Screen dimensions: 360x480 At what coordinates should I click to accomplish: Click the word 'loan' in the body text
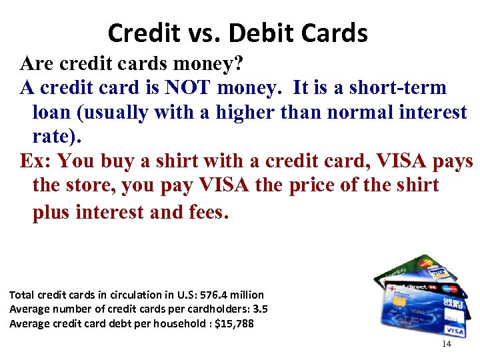point(53,112)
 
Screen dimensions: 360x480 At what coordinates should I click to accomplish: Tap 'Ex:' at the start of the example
point(37,161)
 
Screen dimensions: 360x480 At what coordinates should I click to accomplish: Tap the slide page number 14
point(447,344)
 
